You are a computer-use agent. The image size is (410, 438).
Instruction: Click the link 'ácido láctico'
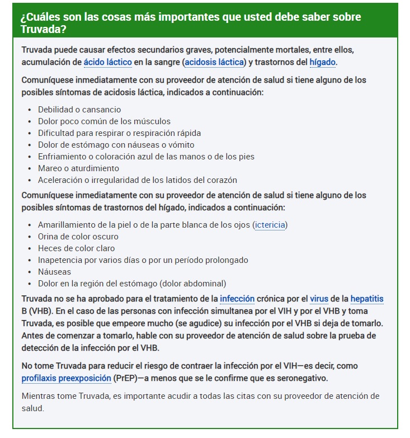click(x=110, y=62)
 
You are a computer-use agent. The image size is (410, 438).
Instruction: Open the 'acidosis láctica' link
click(x=215, y=62)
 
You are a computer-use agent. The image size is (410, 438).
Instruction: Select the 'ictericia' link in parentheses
click(x=271, y=225)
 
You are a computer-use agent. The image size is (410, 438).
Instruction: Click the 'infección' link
click(x=237, y=299)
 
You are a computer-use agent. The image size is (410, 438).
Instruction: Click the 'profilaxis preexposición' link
click(x=66, y=378)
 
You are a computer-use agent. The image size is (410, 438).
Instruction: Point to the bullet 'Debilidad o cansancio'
click(x=79, y=110)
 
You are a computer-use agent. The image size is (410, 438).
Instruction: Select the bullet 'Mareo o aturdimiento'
click(x=78, y=168)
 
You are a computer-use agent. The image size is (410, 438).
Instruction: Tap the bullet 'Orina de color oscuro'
click(x=78, y=237)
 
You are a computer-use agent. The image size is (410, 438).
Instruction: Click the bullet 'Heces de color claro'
click(x=76, y=248)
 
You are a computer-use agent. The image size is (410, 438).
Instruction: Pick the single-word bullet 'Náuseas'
click(x=54, y=272)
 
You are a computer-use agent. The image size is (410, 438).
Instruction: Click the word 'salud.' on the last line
click(x=32, y=408)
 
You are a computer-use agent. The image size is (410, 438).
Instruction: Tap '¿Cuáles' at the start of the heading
click(x=39, y=16)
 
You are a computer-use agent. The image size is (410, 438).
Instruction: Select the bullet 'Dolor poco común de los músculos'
click(x=104, y=121)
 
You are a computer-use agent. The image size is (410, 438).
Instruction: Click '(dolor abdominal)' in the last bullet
click(x=192, y=284)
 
